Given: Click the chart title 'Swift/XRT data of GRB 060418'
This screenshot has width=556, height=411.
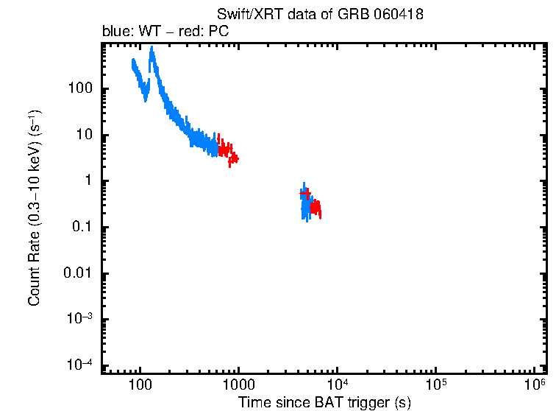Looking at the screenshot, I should (320, 15).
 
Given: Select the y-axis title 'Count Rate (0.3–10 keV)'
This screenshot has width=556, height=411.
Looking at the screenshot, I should (34, 208).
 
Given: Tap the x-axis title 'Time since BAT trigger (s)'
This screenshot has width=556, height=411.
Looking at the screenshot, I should (324, 402).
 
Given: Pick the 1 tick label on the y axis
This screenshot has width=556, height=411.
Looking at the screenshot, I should (87, 181).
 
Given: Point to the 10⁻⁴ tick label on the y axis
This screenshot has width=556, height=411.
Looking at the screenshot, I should (79, 365).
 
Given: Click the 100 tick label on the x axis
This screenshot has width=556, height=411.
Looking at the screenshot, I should (139, 384).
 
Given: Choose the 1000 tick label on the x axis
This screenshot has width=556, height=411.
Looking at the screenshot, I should (238, 384).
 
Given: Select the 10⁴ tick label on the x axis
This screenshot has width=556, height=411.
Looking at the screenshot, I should (337, 384).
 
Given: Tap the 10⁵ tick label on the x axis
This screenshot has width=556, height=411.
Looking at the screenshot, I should (435, 384).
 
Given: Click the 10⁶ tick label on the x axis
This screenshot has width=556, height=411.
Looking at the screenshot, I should (535, 384).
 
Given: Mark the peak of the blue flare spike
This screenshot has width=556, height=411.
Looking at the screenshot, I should (152, 49).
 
